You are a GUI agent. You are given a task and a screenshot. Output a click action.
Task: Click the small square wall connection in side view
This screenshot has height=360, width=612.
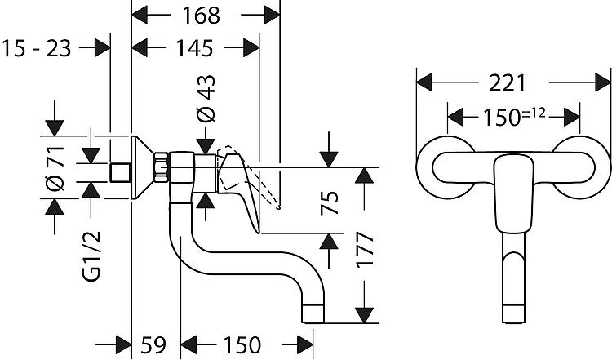coord(122,172)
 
